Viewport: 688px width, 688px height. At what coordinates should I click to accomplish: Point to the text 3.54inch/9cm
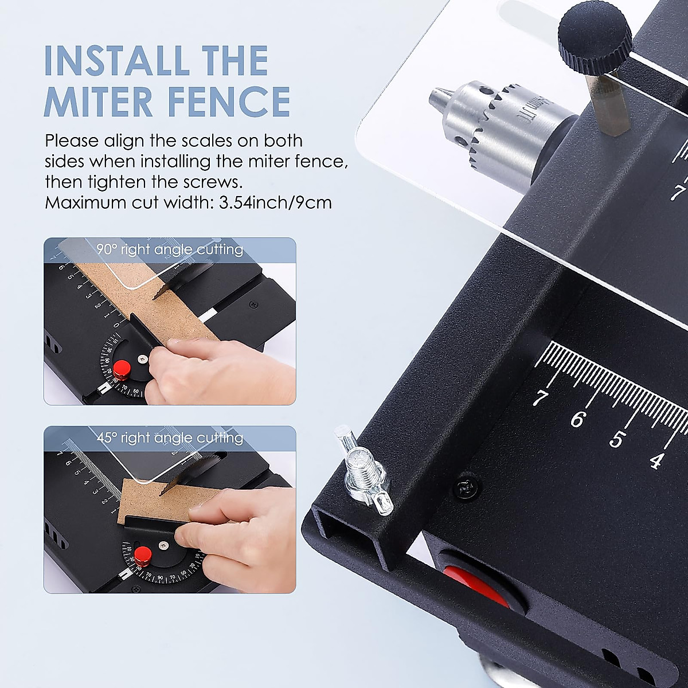click(275, 203)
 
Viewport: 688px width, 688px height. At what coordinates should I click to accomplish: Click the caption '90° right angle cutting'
click(170, 249)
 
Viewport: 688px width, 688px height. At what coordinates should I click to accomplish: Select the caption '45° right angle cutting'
click(170, 438)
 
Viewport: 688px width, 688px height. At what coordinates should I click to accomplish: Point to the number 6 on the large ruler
click(577, 420)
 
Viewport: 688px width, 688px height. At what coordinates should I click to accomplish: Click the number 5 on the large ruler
click(616, 440)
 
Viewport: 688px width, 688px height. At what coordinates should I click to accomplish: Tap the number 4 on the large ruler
click(656, 460)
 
